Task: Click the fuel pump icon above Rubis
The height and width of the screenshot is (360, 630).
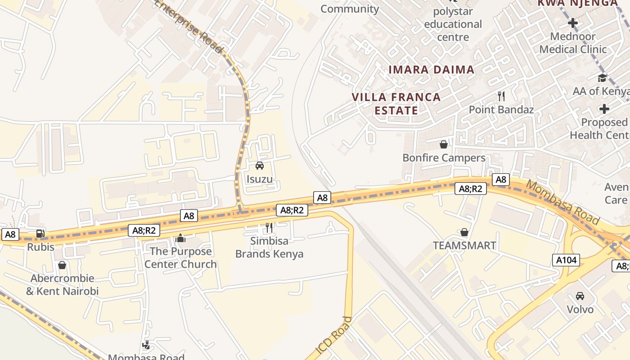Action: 40,233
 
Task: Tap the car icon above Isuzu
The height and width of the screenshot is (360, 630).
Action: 260,166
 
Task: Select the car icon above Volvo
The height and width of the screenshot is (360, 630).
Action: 580,296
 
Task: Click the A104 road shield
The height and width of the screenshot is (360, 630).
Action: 566,260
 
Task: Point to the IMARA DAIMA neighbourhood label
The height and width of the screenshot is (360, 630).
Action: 431,70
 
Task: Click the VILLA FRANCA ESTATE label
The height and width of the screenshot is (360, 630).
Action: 396,104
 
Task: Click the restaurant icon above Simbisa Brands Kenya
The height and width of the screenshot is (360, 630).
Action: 269,228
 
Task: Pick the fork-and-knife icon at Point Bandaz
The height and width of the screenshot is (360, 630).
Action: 501,96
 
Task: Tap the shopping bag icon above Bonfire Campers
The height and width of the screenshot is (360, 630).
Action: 444,144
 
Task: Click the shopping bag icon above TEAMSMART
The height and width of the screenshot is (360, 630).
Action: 464,232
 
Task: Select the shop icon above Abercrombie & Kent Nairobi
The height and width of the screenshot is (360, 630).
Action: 62,265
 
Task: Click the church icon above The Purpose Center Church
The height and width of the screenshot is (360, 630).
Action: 180,238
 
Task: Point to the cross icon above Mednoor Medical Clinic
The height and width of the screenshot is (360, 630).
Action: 573,22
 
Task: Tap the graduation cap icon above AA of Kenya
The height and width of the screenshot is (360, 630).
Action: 602,78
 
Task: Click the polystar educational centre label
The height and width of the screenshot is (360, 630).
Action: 453,24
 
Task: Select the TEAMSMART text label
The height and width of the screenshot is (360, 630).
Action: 464,246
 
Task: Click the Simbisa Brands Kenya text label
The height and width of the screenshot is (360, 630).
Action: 269,247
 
